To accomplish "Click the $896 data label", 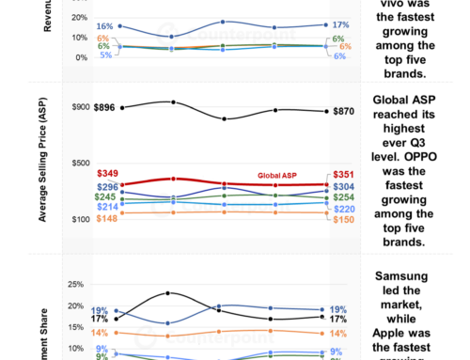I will pos(107,108).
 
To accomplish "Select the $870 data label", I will pos(339,111).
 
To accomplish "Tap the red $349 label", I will pos(108,174).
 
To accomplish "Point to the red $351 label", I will pos(339,174).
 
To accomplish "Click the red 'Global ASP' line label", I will pos(280,176).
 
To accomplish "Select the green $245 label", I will pos(108,196).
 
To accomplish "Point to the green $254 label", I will pos(339,197).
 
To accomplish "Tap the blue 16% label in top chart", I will pos(104,26).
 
